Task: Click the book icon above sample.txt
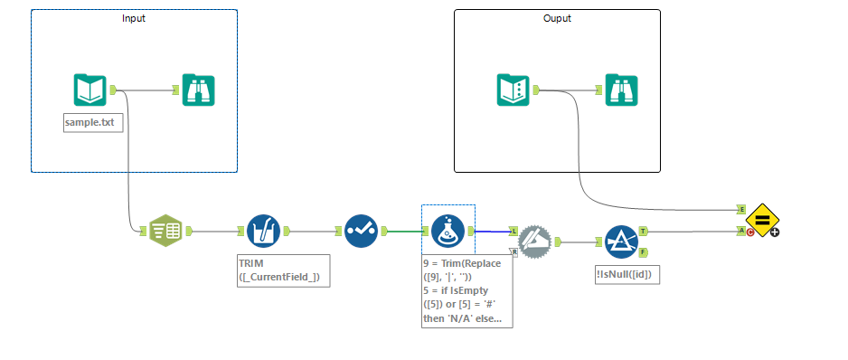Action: tap(90, 90)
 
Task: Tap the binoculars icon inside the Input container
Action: tap(198, 90)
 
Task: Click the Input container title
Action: tap(134, 18)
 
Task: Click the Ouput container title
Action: tap(557, 18)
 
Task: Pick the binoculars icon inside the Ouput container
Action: tap(622, 90)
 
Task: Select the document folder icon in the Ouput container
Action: tap(513, 90)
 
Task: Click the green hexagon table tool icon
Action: tap(165, 231)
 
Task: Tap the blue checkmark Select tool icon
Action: tap(361, 231)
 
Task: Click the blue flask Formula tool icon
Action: tap(448, 231)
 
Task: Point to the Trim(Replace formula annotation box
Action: tap(467, 291)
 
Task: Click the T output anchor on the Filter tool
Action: tap(643, 231)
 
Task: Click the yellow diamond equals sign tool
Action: tap(763, 220)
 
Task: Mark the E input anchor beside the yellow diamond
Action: tap(741, 209)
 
